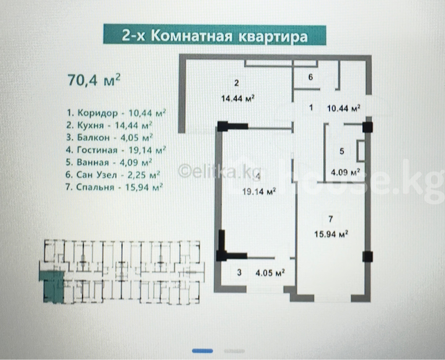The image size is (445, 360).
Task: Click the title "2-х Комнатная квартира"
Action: [x=214, y=36]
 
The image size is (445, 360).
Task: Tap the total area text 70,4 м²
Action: [x=94, y=80]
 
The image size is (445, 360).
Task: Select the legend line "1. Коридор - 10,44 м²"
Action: [x=116, y=113]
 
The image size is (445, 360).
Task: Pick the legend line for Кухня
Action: [x=109, y=125]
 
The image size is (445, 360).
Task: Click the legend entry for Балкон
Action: [x=110, y=138]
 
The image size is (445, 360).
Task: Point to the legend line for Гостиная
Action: [x=116, y=150]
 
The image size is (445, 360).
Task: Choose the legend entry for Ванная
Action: [x=109, y=162]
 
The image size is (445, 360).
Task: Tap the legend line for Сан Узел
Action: [x=113, y=174]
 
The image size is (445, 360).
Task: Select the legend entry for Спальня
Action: [x=114, y=187]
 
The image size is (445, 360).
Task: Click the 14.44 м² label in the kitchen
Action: [x=238, y=98]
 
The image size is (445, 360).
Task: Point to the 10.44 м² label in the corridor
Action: [x=344, y=108]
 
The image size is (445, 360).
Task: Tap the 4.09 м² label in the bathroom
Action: [x=345, y=172]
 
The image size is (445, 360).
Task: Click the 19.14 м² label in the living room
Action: [x=259, y=192]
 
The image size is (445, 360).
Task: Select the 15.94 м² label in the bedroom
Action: [x=331, y=234]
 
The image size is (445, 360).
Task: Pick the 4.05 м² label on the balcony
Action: [x=270, y=273]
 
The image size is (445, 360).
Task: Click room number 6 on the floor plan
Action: [x=311, y=77]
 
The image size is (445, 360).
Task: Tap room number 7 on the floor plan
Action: [x=330, y=219]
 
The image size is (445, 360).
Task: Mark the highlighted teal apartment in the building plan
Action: [x=52, y=286]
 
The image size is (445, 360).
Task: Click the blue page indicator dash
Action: [x=202, y=351]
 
